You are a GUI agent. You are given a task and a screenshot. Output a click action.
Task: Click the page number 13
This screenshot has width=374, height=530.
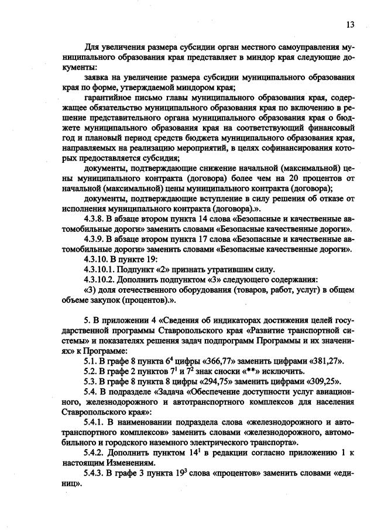pos(349,24)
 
